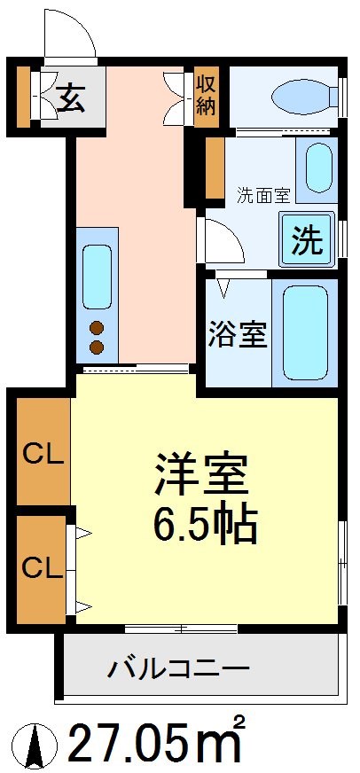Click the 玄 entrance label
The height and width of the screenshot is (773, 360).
click(71, 98)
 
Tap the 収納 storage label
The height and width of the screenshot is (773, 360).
click(207, 95)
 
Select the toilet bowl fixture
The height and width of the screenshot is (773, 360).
click(301, 96)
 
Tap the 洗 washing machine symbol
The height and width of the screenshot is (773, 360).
click(307, 240)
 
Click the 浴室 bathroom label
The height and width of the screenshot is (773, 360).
click(238, 336)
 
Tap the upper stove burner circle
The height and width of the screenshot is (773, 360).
click(97, 326)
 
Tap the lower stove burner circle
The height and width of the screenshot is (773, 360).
click(97, 346)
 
